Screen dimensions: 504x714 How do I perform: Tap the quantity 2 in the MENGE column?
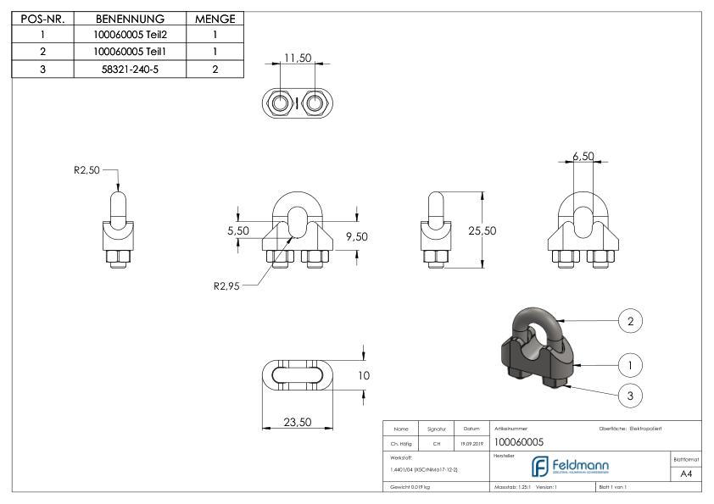[x=215, y=69]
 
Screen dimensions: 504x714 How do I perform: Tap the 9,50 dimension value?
[x=356, y=236]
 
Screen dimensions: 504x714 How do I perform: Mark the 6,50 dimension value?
[x=583, y=158]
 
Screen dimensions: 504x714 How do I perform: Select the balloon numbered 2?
[x=629, y=322]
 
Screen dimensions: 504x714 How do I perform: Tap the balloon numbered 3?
[x=629, y=395]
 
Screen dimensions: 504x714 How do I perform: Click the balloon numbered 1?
[x=629, y=365]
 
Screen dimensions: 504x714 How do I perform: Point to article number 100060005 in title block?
[x=518, y=442]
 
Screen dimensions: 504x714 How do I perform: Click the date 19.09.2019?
[x=470, y=442]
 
